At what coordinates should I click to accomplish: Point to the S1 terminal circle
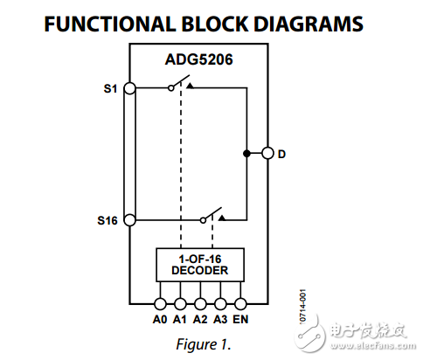click(x=129, y=87)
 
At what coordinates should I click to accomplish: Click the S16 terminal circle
click(x=129, y=220)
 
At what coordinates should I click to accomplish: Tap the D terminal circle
click(x=267, y=154)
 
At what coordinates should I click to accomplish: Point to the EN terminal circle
click(x=241, y=304)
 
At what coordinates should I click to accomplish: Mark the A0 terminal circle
click(x=160, y=304)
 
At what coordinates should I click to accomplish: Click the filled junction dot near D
click(x=248, y=154)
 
